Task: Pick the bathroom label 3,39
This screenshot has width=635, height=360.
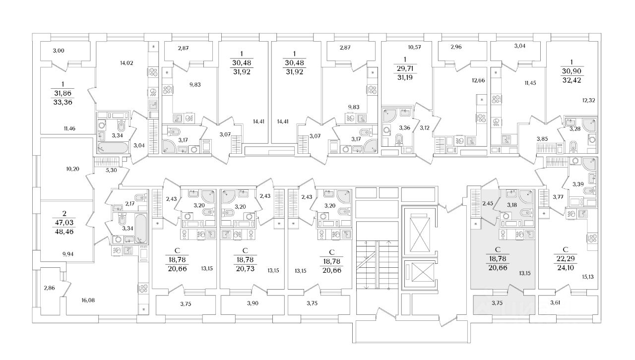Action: click(x=578, y=184)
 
